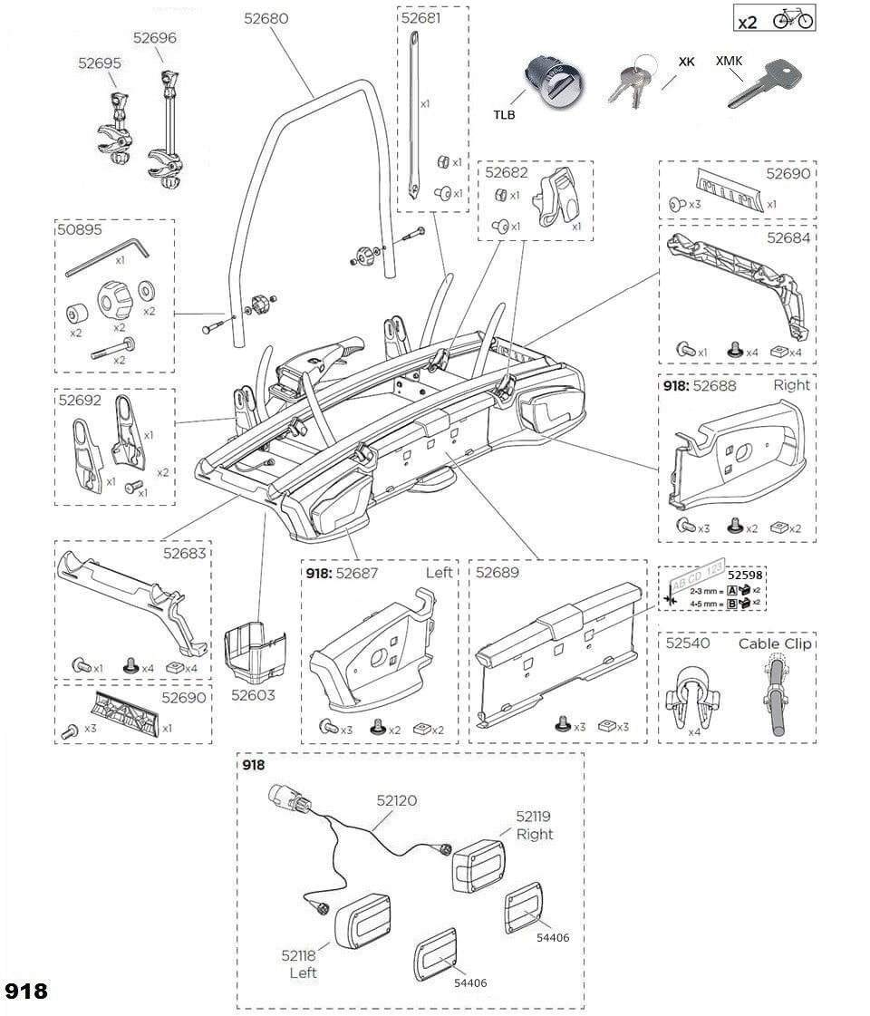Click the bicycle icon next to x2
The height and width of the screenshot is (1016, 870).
tap(793, 19)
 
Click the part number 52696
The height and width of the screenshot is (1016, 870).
tap(155, 38)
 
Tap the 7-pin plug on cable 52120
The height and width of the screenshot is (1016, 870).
tap(287, 802)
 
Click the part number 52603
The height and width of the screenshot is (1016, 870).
tap(253, 696)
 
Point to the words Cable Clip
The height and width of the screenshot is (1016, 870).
tap(775, 643)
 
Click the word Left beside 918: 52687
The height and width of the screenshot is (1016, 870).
tap(439, 573)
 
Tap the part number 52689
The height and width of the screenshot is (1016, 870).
tap(498, 573)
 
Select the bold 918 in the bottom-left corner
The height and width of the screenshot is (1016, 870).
tap(26, 991)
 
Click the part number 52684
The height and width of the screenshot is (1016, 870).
tap(788, 238)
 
